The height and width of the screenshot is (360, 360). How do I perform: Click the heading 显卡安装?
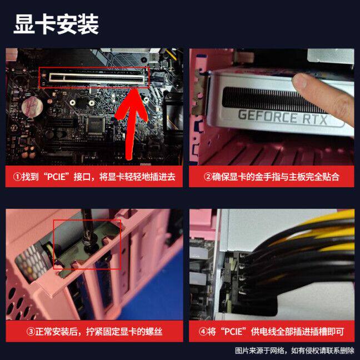point(56,24)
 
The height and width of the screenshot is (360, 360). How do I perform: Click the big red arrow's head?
point(136,94)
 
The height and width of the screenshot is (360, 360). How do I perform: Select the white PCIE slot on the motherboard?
point(95,77)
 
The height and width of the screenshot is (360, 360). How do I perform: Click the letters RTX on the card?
point(314,119)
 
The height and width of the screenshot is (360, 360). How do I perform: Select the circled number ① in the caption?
point(17,177)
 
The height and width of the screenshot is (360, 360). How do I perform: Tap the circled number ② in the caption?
point(208,177)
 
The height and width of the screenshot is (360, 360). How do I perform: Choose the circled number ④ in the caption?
point(203,332)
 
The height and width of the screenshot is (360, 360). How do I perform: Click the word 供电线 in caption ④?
point(269,332)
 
